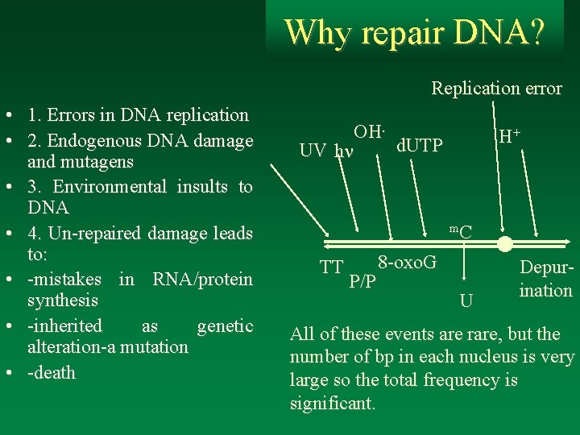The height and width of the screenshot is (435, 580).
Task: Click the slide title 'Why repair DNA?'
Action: point(414,32)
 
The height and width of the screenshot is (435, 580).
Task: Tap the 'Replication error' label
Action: point(496,89)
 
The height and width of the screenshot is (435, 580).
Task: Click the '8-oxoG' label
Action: point(407,262)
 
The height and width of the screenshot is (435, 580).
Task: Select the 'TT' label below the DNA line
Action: point(331,267)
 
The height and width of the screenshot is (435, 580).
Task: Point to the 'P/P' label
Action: point(362,281)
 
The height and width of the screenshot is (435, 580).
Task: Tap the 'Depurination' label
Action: point(545,279)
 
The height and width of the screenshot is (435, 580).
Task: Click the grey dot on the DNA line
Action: point(505,243)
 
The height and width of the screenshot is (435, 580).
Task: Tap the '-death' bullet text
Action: point(51,373)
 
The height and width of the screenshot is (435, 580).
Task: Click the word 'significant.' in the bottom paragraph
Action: point(333,403)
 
